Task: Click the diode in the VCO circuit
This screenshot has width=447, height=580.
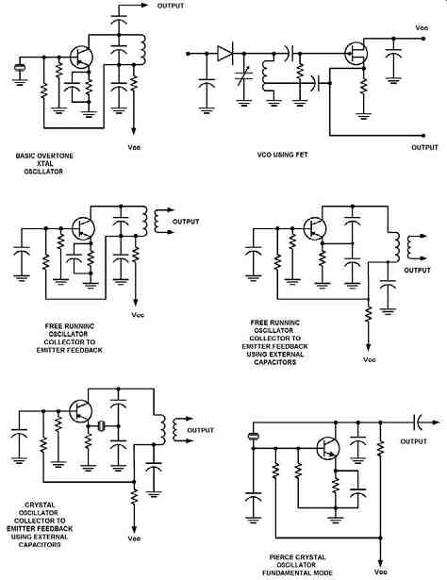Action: click(x=224, y=54)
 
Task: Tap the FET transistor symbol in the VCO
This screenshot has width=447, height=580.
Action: click(x=356, y=53)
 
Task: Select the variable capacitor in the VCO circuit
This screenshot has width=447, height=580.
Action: click(x=244, y=76)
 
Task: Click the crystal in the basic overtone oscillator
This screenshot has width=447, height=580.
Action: click(x=19, y=67)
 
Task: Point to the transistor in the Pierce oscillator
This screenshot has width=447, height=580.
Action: click(x=328, y=448)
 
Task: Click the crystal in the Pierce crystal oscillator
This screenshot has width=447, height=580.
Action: click(x=254, y=437)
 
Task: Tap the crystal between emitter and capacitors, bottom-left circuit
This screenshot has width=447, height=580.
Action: click(x=101, y=426)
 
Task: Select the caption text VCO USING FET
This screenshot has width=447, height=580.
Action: click(x=282, y=155)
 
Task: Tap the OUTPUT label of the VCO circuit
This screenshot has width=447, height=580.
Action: click(x=424, y=147)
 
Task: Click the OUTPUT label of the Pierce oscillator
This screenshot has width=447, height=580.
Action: click(x=414, y=441)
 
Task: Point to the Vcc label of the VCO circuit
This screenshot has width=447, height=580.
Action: click(x=422, y=27)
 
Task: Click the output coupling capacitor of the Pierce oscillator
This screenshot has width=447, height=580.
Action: click(x=418, y=423)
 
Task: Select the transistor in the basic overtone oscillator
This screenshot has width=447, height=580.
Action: click(x=81, y=57)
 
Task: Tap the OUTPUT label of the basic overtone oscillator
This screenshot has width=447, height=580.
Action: click(x=171, y=6)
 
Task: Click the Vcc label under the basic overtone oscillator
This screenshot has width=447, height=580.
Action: click(x=134, y=147)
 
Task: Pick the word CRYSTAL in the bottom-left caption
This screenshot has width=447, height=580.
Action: click(x=40, y=505)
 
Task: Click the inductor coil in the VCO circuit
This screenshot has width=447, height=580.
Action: click(x=265, y=75)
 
